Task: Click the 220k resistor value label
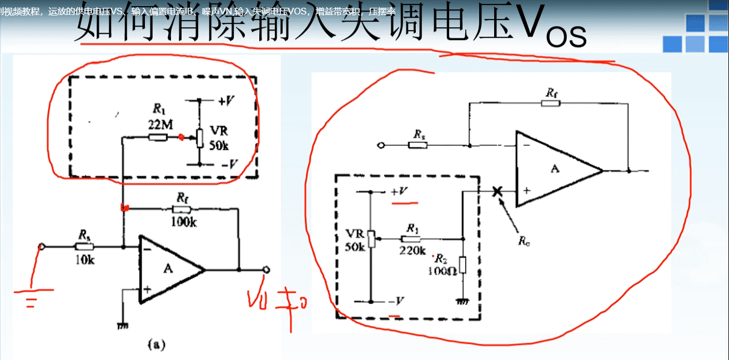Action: (x=412, y=250)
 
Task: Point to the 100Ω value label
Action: (x=441, y=271)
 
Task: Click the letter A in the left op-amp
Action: (x=168, y=269)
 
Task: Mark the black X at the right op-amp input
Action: (x=497, y=191)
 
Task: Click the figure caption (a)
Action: (x=156, y=344)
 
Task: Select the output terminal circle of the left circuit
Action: (x=267, y=270)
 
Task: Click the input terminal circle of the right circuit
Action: (x=380, y=146)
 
